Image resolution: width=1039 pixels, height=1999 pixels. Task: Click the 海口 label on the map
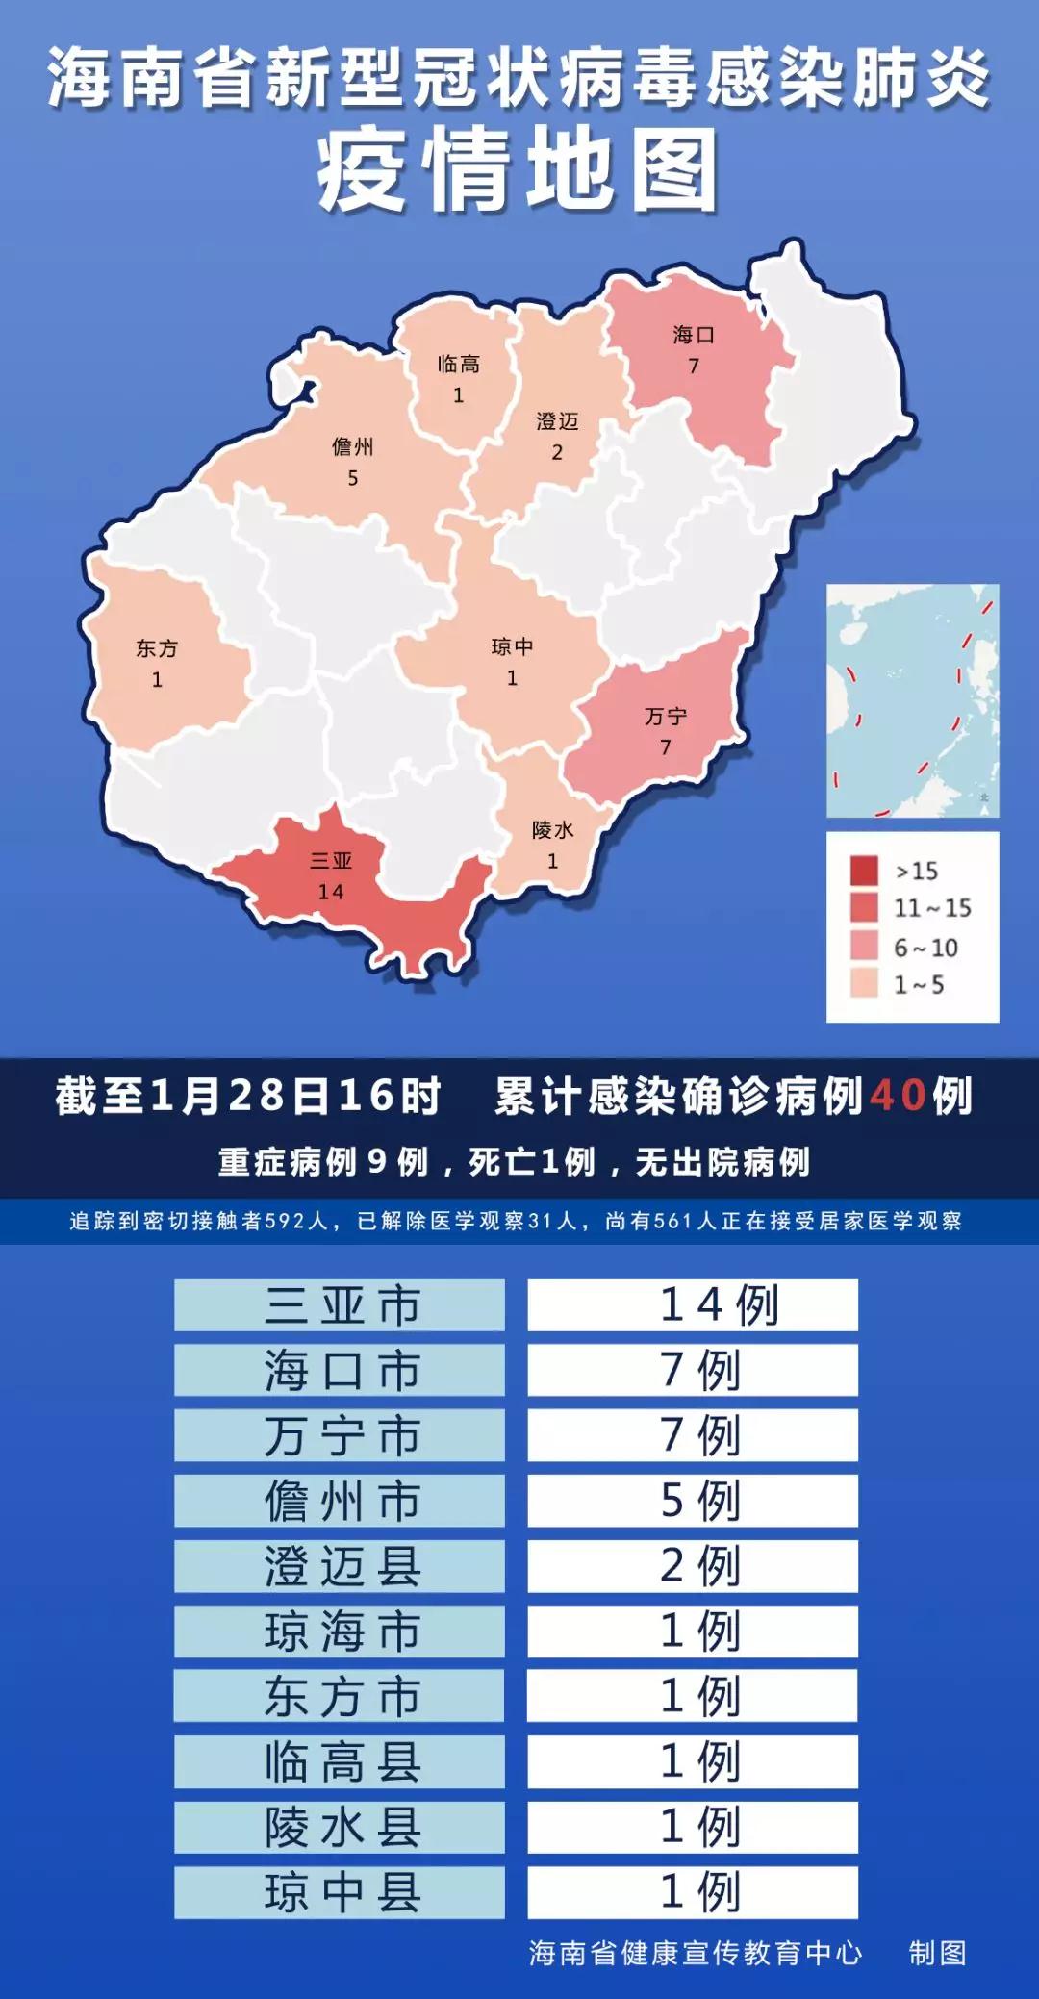694,335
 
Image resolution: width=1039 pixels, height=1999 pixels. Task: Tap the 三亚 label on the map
331,861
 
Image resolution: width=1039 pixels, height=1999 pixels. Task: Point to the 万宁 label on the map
666,717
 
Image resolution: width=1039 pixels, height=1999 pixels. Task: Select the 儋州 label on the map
353,446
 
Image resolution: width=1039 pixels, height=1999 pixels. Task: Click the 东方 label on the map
157,648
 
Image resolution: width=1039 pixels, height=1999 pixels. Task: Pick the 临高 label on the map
458,364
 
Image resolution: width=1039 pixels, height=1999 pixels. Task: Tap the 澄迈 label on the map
557,421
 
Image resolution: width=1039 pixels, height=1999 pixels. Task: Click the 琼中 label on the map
512,646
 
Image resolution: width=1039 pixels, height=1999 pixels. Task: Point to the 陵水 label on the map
553,830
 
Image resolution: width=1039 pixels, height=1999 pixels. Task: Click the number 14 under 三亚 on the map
331,892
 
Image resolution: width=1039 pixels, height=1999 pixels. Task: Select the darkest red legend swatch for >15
864,871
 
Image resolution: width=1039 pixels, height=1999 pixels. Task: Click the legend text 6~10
926,948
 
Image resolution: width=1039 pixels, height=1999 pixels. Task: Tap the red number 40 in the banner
899,1096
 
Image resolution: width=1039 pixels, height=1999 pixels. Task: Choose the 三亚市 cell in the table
340,1305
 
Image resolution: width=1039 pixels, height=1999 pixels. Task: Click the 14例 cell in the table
693,1305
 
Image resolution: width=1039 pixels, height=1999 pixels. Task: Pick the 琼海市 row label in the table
340,1631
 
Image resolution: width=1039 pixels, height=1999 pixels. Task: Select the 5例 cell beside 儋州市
693,1501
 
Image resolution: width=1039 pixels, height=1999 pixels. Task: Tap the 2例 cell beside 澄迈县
693,1566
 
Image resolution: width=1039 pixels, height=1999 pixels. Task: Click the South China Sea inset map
912,700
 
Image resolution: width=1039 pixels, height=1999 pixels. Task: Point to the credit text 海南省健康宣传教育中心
695,1952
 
